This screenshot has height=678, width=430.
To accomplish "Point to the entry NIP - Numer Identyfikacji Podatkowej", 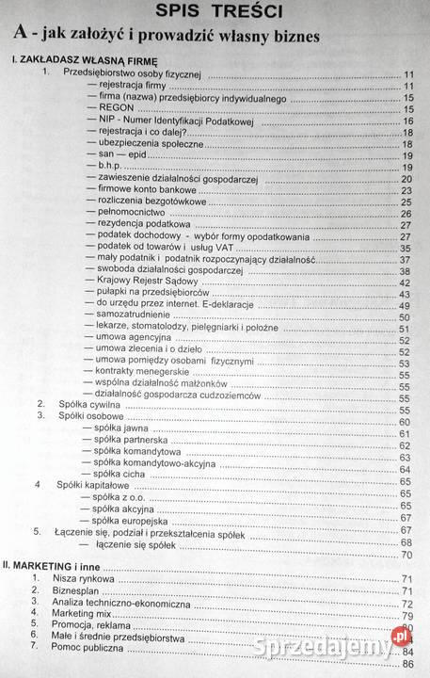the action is coord(179,121).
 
